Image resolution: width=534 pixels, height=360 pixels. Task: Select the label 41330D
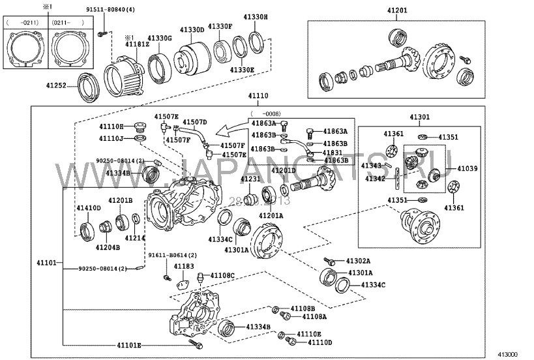[193, 29]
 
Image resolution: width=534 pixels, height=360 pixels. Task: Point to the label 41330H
[256, 16]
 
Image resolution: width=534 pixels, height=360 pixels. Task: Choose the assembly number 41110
[257, 95]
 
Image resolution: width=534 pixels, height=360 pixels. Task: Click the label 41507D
[194, 122]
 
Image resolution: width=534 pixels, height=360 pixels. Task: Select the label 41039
[467, 168]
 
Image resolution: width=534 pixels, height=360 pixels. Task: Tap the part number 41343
[374, 166]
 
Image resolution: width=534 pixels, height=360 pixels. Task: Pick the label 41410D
[89, 208]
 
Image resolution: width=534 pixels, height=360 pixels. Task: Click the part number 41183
[184, 266]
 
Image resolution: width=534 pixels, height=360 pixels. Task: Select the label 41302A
[358, 260]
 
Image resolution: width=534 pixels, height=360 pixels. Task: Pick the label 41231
[250, 179]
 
